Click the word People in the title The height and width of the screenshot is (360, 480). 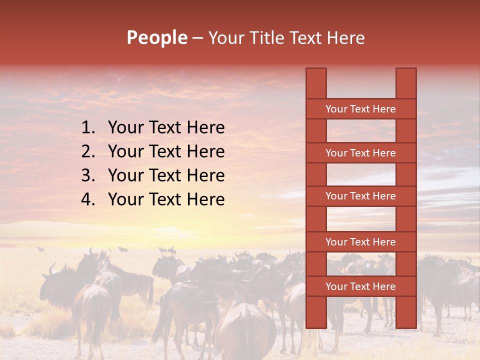[x=157, y=37]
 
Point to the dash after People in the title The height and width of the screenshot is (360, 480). [x=197, y=38]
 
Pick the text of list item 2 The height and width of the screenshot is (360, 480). [x=166, y=151]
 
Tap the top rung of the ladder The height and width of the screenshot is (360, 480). [x=360, y=109]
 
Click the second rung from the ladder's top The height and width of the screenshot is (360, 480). [x=360, y=153]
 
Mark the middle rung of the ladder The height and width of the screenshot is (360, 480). [x=360, y=196]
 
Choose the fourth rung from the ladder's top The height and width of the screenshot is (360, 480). [x=360, y=242]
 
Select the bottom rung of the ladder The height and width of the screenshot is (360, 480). [x=360, y=286]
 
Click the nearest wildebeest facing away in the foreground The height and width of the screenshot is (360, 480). [x=245, y=330]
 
